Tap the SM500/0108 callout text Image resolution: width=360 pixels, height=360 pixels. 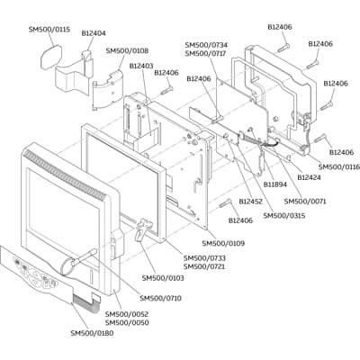point(127,51)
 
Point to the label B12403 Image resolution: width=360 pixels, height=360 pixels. point(141,66)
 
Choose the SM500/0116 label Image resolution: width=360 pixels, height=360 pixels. point(339,166)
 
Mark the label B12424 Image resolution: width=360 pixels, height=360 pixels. point(310,177)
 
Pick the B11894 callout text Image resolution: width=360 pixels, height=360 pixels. point(276,184)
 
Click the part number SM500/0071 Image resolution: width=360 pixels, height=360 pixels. point(305,201)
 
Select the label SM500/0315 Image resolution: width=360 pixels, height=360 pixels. point(284,215)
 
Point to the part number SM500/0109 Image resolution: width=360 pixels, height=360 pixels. point(223,243)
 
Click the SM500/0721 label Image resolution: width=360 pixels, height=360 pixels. point(205,266)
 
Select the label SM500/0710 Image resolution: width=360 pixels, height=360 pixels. point(160,298)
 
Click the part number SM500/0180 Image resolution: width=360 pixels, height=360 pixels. point(92,333)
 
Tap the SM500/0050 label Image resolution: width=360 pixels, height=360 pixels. point(127,322)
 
